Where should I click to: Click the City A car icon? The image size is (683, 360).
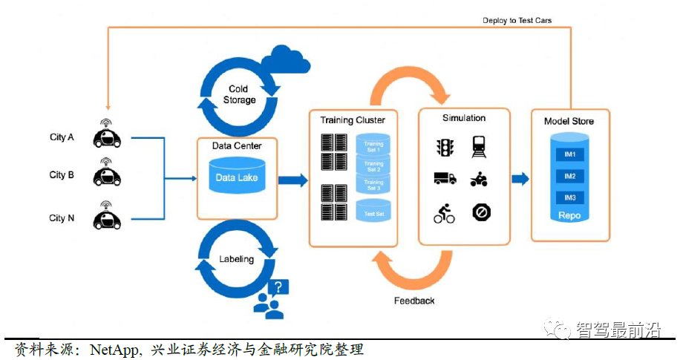pos(107,136)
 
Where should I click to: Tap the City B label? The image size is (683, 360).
pos(62,175)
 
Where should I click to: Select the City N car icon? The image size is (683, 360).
pos(107,218)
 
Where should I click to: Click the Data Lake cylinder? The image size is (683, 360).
pos(235,178)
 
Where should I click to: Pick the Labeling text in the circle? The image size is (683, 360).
pos(236,259)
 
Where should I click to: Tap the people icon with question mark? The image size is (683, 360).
pos(271,299)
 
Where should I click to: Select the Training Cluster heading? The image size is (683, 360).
pos(353,120)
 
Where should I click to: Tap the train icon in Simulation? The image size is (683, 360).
pos(480,147)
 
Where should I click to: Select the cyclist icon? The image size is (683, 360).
pos(445,214)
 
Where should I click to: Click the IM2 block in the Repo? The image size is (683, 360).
pos(570,177)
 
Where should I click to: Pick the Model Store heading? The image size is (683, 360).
pos(569,121)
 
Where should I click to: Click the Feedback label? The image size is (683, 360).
pos(414,301)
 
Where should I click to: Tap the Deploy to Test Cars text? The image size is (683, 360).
pos(517,21)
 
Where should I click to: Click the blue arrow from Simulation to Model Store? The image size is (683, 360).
pos(520,178)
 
